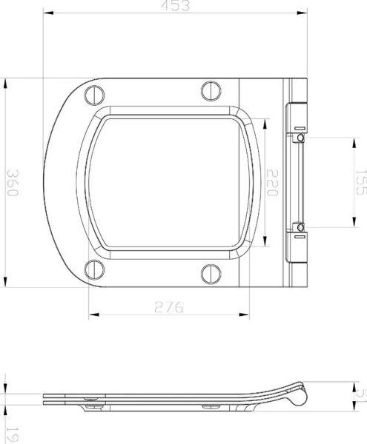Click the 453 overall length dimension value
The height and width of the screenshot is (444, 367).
[x=176, y=7]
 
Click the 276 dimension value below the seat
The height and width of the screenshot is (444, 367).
[x=169, y=307]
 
